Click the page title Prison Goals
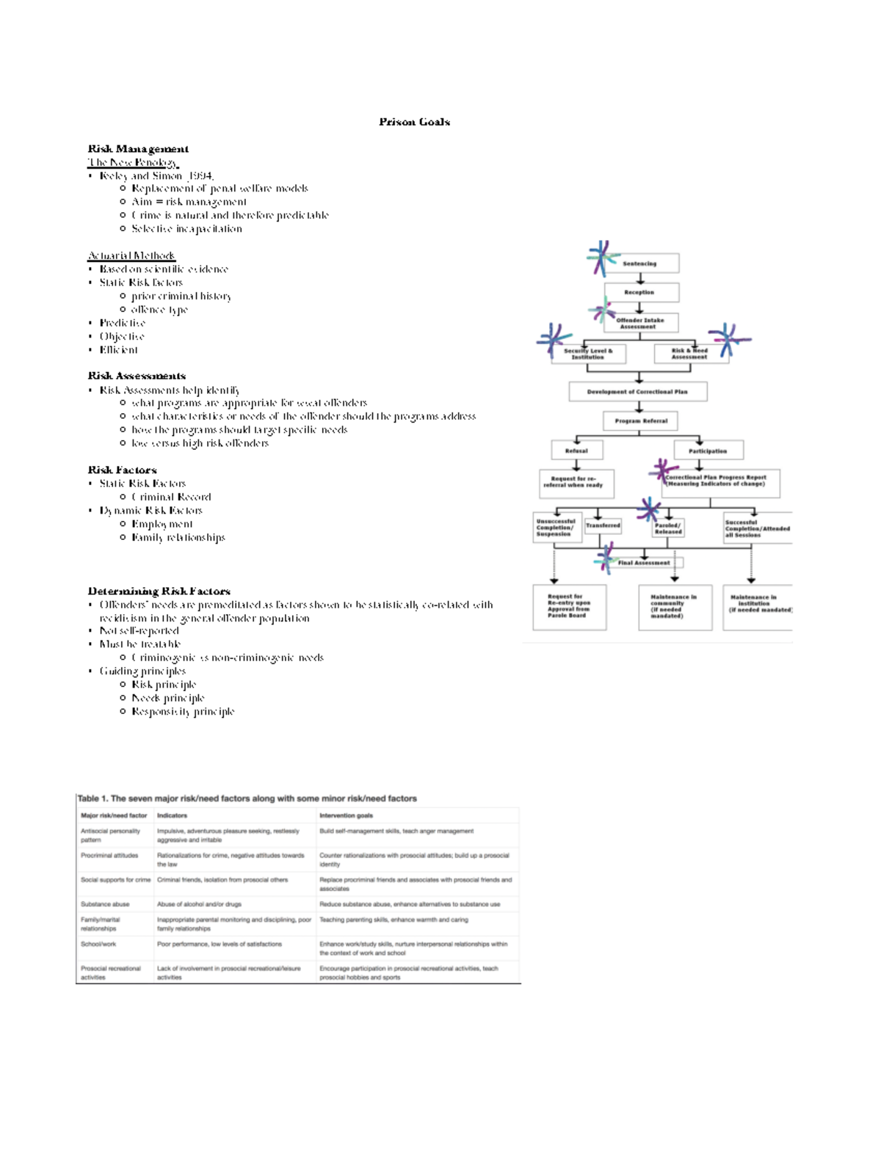414,122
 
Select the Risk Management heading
138,149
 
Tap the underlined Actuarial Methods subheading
131,255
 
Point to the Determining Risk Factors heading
159,591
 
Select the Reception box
641,292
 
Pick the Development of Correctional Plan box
637,392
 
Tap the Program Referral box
640,421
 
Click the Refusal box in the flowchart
576,451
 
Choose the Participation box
708,451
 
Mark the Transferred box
603,525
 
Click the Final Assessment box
644,563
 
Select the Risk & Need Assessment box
690,354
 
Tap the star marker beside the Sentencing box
602,258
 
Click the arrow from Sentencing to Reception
640,278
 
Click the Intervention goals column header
346,815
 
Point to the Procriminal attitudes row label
109,856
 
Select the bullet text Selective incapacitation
186,229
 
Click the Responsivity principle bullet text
183,712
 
